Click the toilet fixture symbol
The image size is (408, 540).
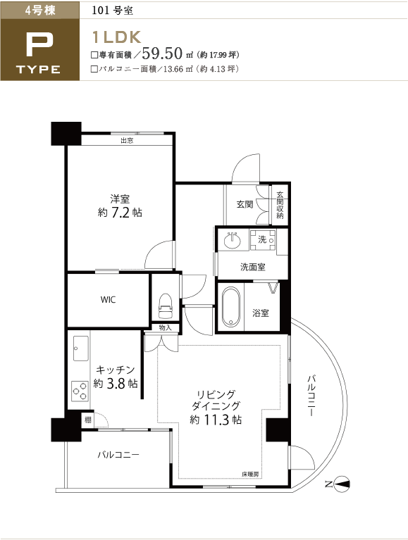[165, 306]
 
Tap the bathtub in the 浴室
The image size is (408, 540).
[231, 307]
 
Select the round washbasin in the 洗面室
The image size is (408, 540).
[233, 240]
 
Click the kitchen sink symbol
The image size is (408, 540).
[80, 349]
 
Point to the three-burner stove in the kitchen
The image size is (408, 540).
[80, 391]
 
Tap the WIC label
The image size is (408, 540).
[109, 300]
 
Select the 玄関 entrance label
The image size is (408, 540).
[245, 204]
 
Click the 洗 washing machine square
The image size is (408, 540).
[263, 239]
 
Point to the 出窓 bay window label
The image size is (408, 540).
[127, 140]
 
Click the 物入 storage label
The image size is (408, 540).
[166, 328]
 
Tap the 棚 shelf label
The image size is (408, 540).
[88, 420]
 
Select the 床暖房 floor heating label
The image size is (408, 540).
[250, 475]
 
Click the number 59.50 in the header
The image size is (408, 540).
[162, 53]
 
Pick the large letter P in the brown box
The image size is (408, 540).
[39, 45]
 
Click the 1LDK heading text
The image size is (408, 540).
[116, 37]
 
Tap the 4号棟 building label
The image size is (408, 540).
[40, 11]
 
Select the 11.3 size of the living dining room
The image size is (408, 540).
[216, 420]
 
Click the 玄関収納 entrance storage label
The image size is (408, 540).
[280, 205]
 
